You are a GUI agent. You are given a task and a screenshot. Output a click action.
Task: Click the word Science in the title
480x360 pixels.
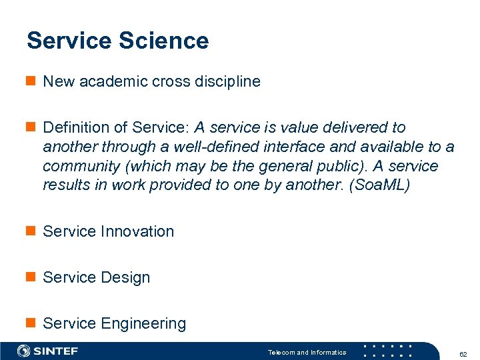click(x=164, y=41)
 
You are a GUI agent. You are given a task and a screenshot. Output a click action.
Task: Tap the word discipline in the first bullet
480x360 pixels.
click(x=227, y=81)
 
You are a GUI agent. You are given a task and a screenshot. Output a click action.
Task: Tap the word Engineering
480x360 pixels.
click(x=143, y=323)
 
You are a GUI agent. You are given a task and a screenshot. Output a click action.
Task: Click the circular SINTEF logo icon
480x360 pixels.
click(x=24, y=351)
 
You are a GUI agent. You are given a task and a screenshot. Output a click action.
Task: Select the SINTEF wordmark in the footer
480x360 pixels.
click(x=56, y=351)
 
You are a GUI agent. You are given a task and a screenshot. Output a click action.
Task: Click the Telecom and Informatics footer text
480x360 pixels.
click(x=307, y=352)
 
